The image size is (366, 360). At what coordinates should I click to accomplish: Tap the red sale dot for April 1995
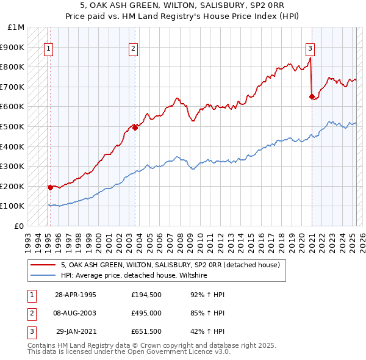click(x=50, y=187)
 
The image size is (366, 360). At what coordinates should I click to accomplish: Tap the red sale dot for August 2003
click(x=135, y=128)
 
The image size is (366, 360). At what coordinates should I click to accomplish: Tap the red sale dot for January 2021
click(x=312, y=96)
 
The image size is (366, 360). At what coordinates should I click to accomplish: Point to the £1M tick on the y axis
click(x=16, y=27)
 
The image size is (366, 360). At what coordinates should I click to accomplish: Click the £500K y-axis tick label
click(x=13, y=126)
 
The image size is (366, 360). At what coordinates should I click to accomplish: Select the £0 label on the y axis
click(x=19, y=226)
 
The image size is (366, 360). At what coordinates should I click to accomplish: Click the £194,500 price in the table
click(x=146, y=295)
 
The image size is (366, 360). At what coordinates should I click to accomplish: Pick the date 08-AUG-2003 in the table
click(x=75, y=313)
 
